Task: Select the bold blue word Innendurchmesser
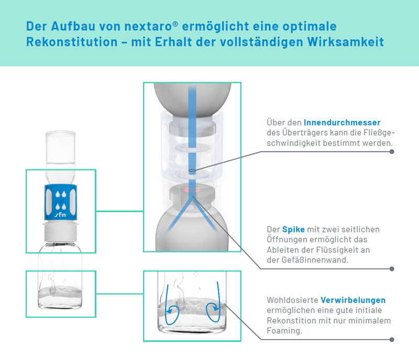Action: [x=342, y=122]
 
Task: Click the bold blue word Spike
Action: [x=293, y=229]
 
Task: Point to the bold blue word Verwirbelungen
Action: [x=353, y=300]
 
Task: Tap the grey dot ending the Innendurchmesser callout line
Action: [x=392, y=152]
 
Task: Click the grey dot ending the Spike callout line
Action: [x=392, y=268]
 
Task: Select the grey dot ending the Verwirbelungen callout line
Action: [x=392, y=340]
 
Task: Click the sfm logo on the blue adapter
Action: [x=60, y=215]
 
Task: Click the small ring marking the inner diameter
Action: [x=192, y=171]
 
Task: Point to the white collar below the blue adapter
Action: [x=60, y=231]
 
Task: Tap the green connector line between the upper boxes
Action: [x=119, y=211]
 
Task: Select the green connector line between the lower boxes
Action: [x=119, y=294]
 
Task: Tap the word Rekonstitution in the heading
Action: [x=72, y=42]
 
